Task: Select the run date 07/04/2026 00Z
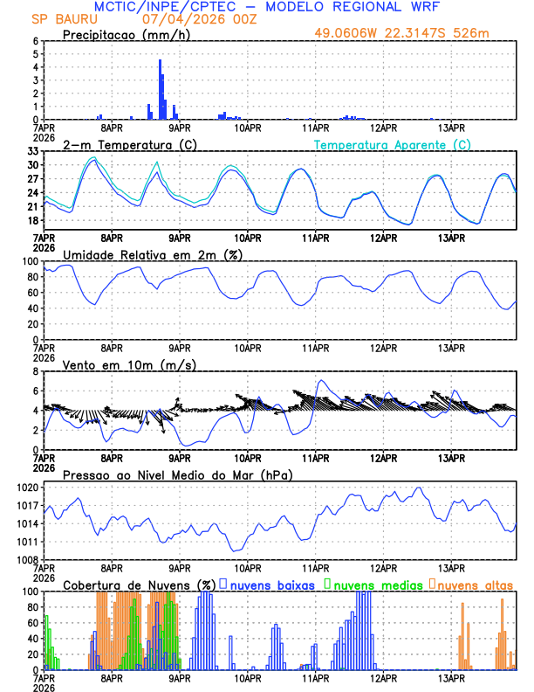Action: click(x=199, y=19)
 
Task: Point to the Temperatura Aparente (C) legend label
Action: click(x=392, y=144)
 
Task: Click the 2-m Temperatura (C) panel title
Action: click(x=124, y=144)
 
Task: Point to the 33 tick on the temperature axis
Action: click(x=32, y=151)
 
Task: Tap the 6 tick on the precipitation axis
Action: click(x=35, y=41)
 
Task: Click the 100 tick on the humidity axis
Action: click(x=30, y=261)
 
